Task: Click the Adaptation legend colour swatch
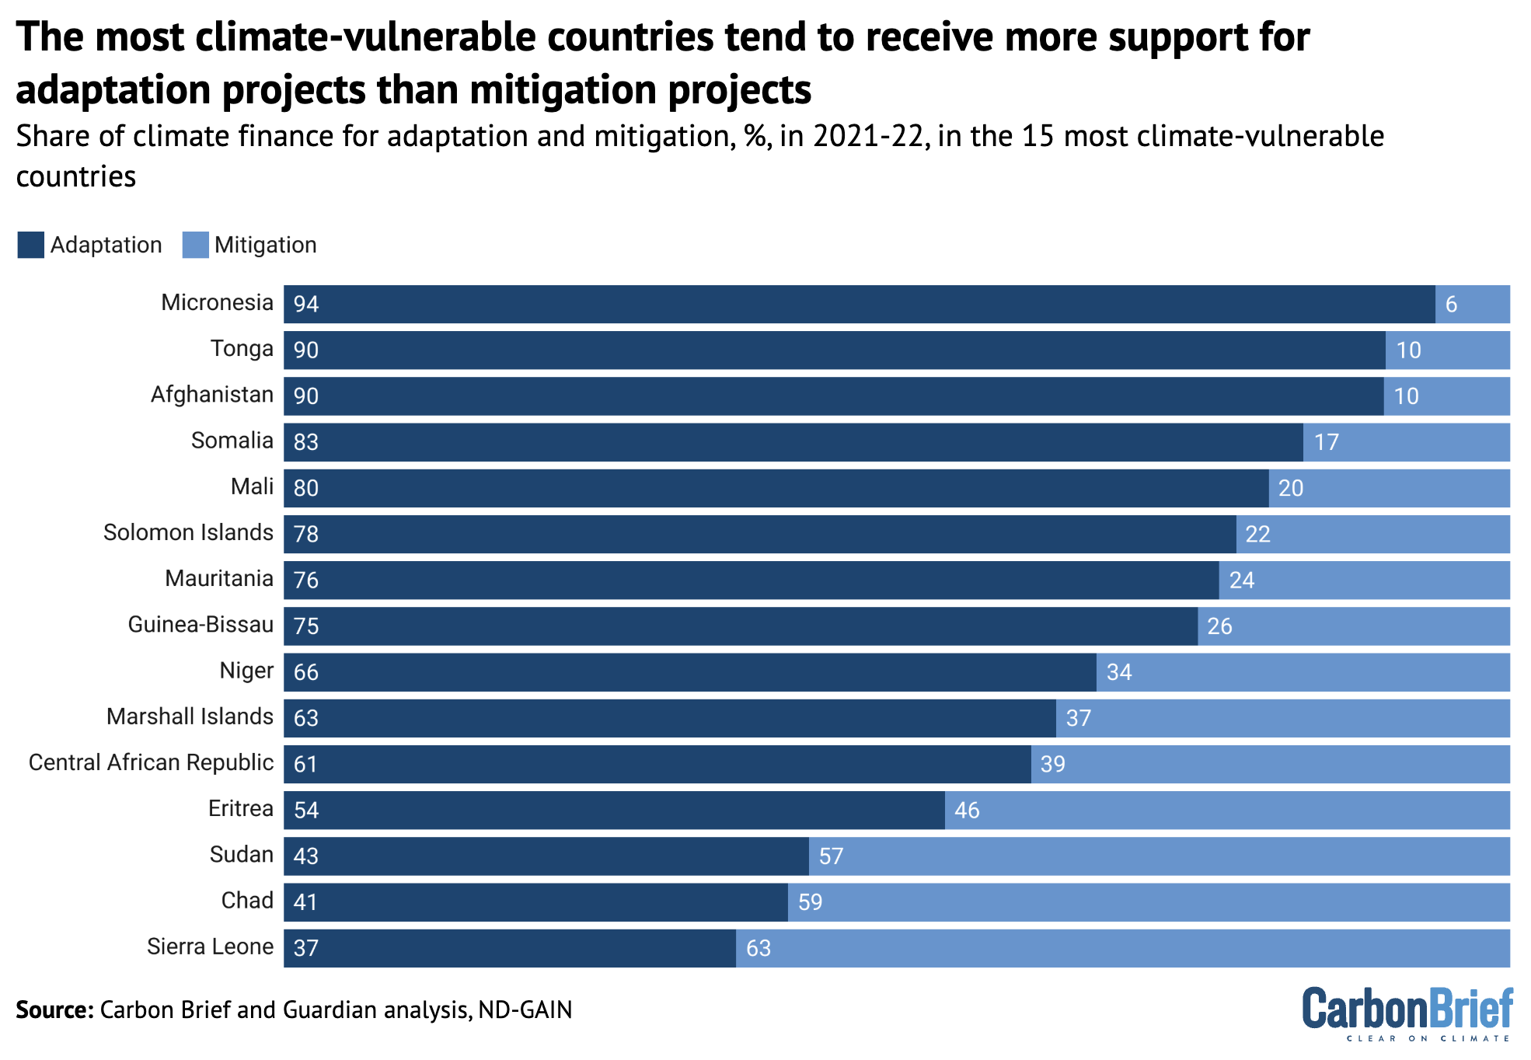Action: pyautogui.click(x=30, y=245)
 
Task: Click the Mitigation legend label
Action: pyautogui.click(x=265, y=245)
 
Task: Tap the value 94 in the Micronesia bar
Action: pyautogui.click(x=306, y=304)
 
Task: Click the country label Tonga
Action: pyautogui.click(x=242, y=348)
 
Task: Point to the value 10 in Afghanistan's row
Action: pyautogui.click(x=1406, y=396)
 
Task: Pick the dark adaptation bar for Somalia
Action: pyautogui.click(x=793, y=442)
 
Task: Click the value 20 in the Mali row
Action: pyautogui.click(x=1291, y=488)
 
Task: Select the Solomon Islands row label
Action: pyautogui.click(x=188, y=532)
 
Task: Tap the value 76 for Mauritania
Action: pyautogui.click(x=306, y=581)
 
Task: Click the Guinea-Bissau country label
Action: pyautogui.click(x=201, y=625)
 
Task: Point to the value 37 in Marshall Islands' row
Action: pyautogui.click(x=1078, y=718)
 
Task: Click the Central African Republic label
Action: pyautogui.click(x=151, y=762)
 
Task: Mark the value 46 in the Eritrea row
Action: pyautogui.click(x=967, y=811)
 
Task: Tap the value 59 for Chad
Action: pyautogui.click(x=810, y=902)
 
